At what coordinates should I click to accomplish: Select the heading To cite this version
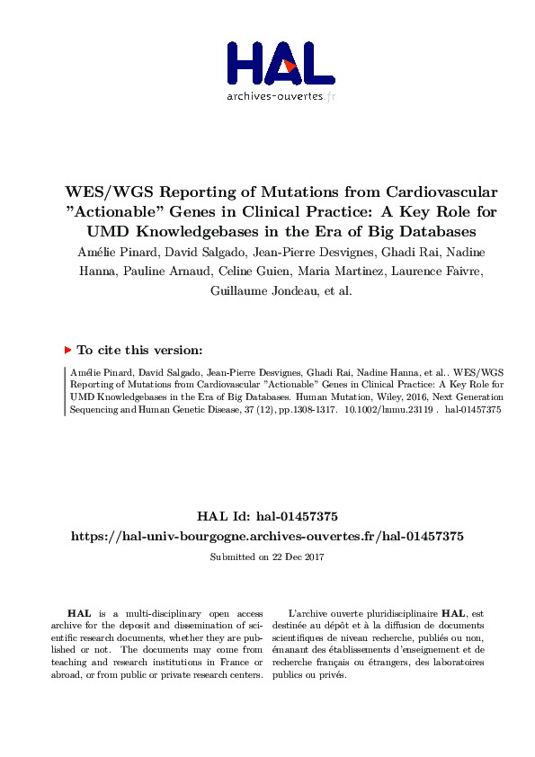point(139,351)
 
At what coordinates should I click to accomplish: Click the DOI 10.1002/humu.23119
point(394,407)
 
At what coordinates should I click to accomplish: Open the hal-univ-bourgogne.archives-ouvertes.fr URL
point(267,536)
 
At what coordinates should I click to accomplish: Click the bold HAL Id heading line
point(267,516)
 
